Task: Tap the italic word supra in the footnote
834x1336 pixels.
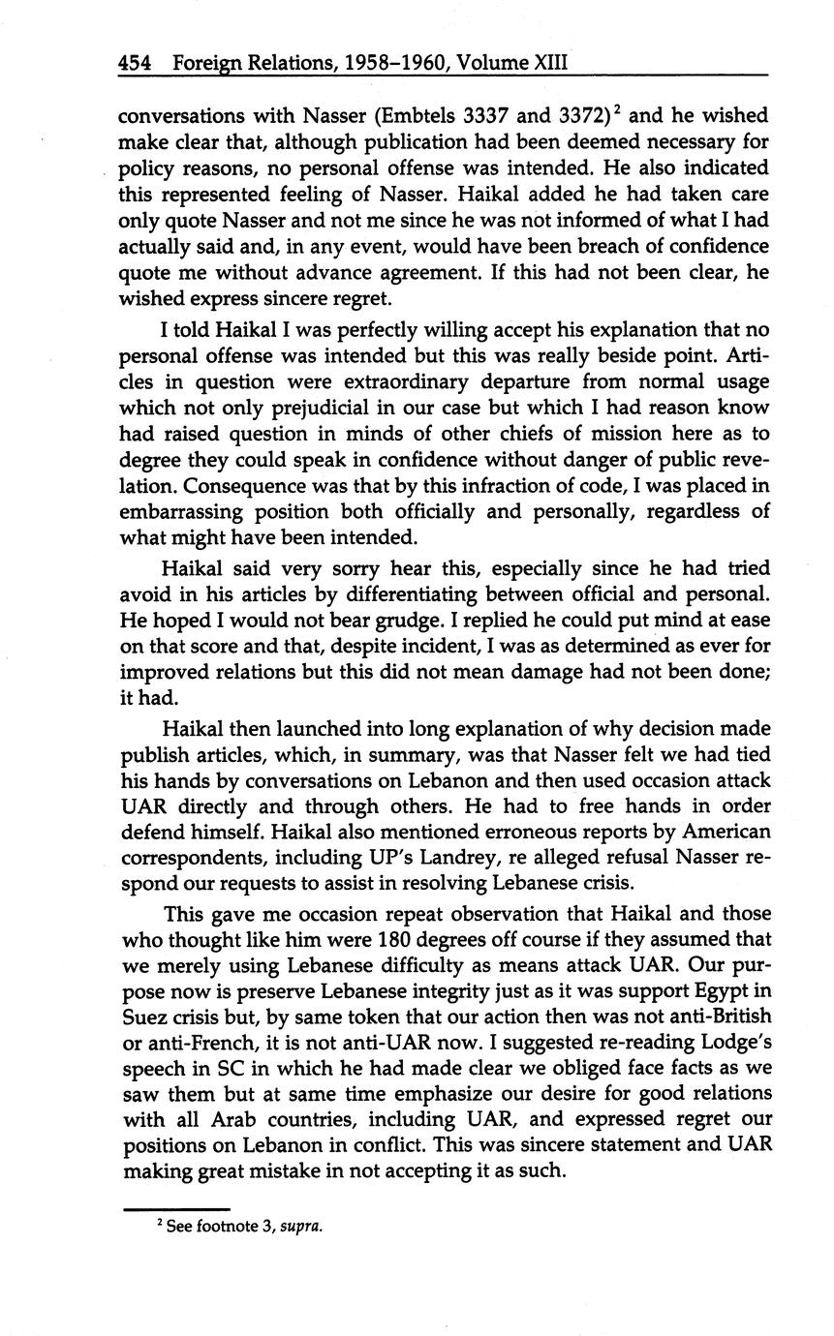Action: pyautogui.click(x=299, y=1227)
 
